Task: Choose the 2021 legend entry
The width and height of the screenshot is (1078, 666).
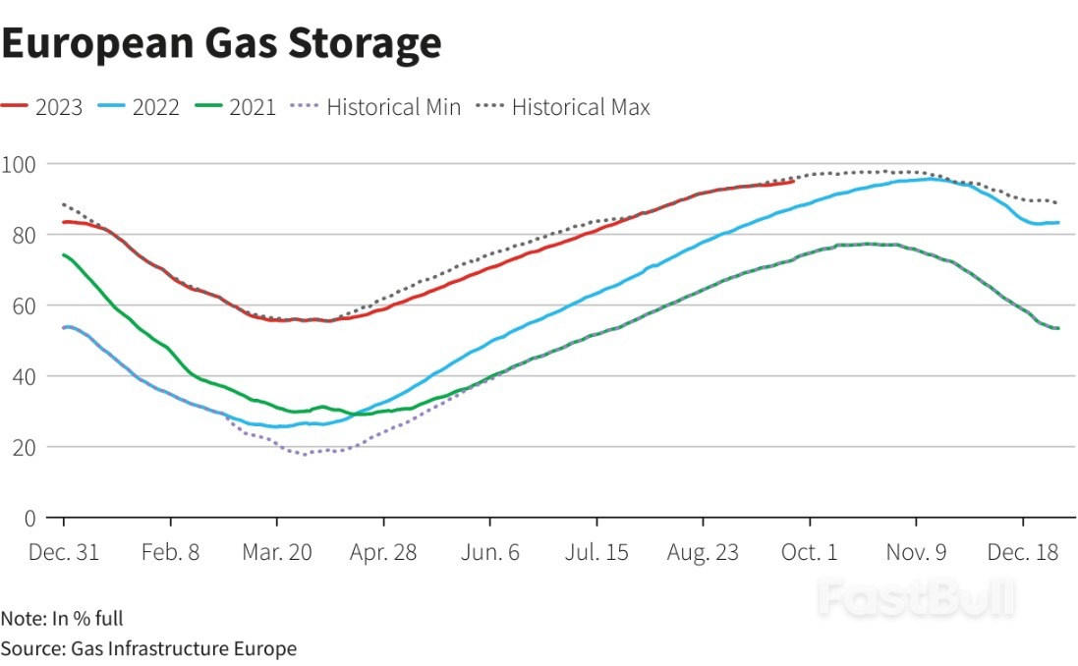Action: coord(235,107)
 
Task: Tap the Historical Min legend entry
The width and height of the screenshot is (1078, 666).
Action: coord(377,107)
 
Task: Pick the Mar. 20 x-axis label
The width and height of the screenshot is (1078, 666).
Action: coord(276,552)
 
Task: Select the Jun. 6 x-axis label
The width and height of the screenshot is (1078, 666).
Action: coord(490,552)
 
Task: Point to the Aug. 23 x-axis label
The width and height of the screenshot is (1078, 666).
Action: coord(703,552)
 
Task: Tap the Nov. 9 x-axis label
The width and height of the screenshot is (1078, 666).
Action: coord(916,552)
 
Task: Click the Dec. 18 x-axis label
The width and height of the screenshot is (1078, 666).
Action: coord(1022,552)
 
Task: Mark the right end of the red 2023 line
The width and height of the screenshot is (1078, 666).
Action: coord(793,181)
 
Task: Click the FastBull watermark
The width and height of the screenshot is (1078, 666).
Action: coord(916,597)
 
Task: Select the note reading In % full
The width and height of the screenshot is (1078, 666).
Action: coord(62,619)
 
